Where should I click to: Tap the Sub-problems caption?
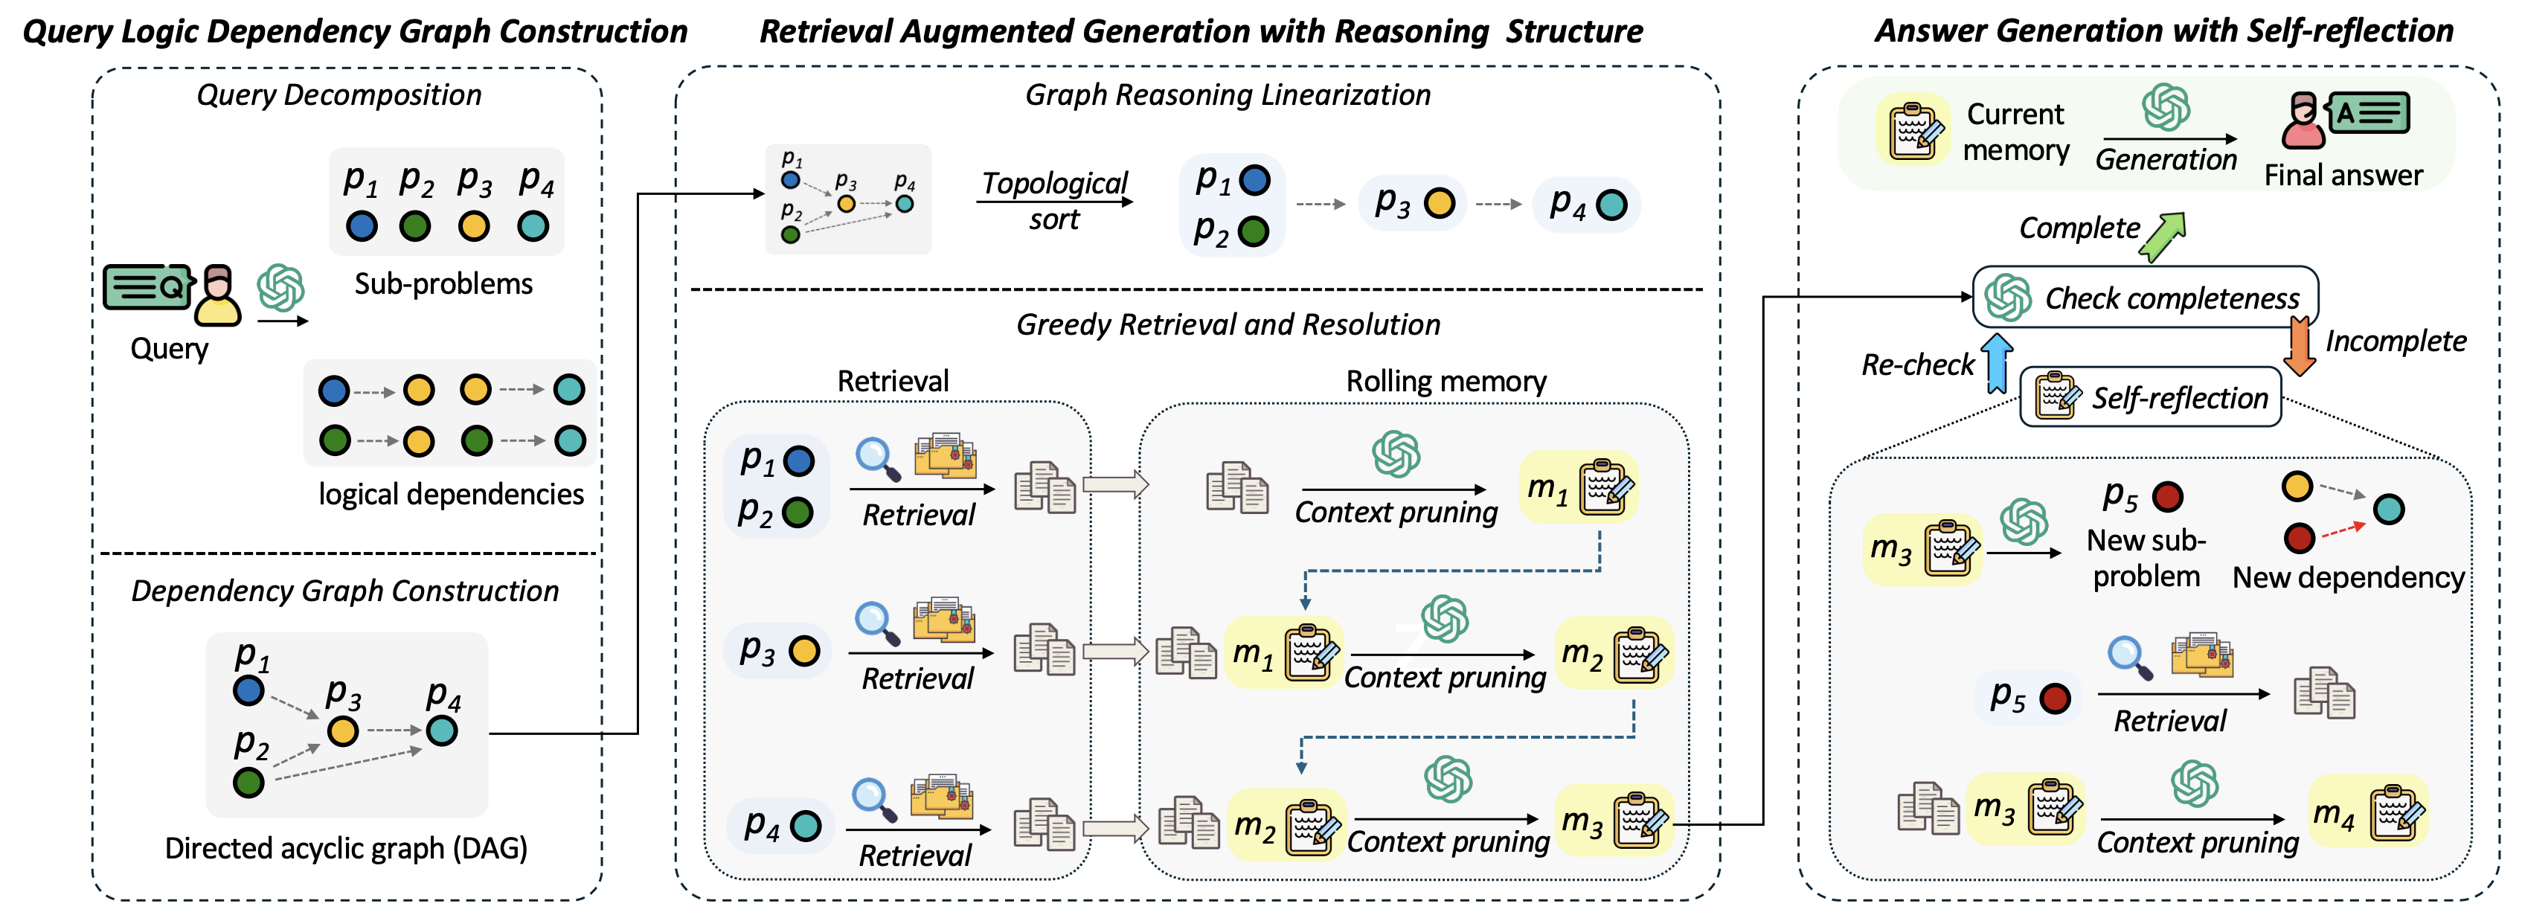click(x=443, y=283)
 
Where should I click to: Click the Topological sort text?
click(x=1054, y=201)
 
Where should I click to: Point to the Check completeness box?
click(x=2145, y=297)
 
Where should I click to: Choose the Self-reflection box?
click(x=2151, y=397)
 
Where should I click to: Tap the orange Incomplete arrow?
click(x=2300, y=347)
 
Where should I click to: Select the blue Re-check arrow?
click(x=1996, y=363)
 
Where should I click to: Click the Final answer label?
click(x=2343, y=175)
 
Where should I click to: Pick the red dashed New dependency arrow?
click(x=2343, y=530)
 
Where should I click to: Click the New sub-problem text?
click(x=2146, y=558)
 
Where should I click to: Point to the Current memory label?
click(x=2016, y=132)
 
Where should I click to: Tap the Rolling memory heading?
click(x=1446, y=381)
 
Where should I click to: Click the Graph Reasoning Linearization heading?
click(x=1228, y=95)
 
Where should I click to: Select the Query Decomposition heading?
click(x=338, y=95)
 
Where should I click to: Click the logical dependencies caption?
click(x=450, y=494)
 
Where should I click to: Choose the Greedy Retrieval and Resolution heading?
click(x=1228, y=325)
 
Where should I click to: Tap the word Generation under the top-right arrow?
click(x=2166, y=159)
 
